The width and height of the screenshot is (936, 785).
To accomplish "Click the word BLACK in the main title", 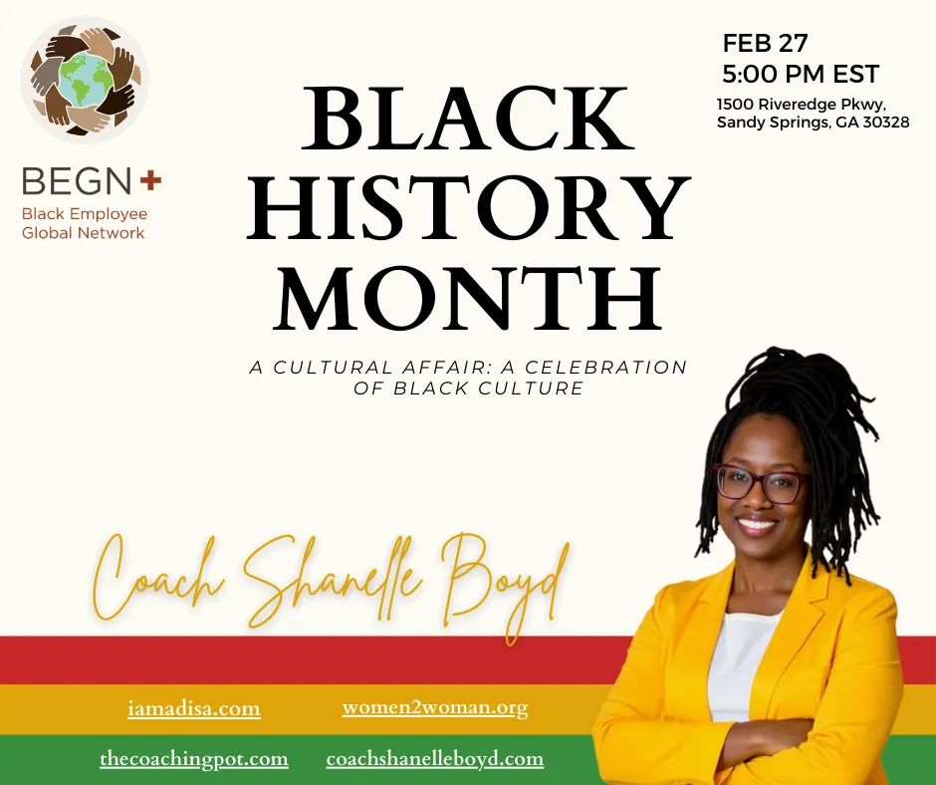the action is pos(469,119).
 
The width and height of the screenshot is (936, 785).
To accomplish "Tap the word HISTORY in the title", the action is pos(469,208).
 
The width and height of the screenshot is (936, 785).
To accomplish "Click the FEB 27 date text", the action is pos(766,43).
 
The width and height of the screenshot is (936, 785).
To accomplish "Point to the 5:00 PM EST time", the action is pos(801,74).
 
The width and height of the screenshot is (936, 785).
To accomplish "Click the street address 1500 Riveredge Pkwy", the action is pos(802,105).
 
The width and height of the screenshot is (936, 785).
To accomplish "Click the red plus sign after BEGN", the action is pos(150,180).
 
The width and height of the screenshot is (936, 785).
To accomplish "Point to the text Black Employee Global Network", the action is pos(85,223).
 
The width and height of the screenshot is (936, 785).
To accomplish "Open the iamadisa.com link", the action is pos(194,709).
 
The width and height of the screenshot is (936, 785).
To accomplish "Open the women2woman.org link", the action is pos(435,708).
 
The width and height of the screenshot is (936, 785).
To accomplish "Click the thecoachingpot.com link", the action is pos(194,759).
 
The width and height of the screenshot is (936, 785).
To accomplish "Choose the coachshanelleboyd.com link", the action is pos(434,759).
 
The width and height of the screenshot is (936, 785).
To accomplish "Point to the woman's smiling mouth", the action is pos(757,524).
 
